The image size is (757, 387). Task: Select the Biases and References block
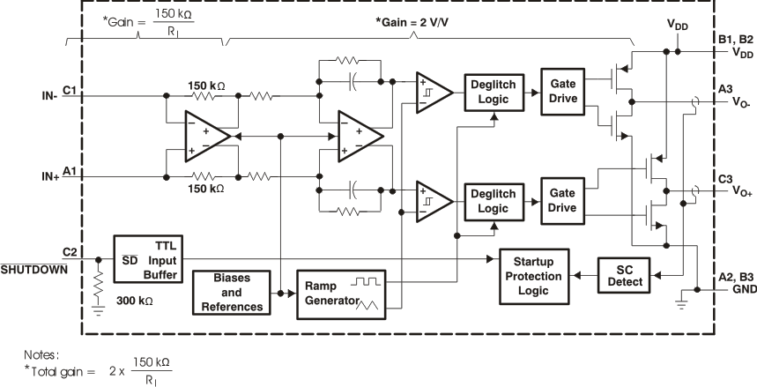[x=233, y=294]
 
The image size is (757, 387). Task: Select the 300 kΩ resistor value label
[x=135, y=301]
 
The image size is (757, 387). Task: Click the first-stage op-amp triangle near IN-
[x=204, y=137]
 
